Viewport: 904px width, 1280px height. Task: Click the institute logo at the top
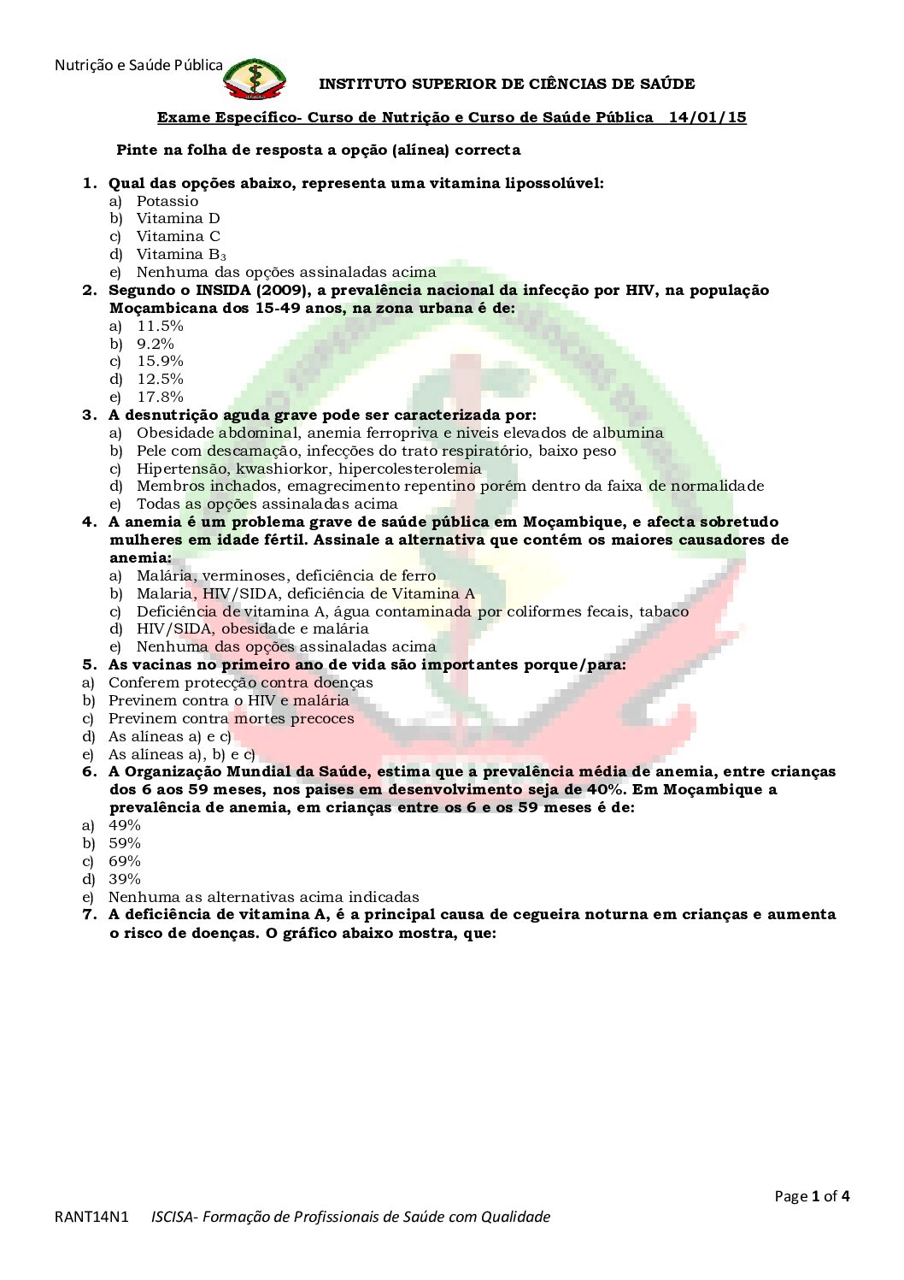pos(254,80)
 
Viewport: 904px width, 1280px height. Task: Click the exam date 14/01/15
pos(707,118)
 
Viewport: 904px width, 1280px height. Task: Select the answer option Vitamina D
pos(178,219)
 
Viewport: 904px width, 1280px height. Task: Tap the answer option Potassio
pos(167,201)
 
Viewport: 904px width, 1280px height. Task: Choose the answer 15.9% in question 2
pos(160,362)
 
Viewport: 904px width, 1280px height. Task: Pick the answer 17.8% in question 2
pos(160,397)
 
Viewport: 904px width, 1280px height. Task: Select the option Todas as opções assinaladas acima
pos(267,504)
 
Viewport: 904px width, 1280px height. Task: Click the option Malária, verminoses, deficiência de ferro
pos(285,575)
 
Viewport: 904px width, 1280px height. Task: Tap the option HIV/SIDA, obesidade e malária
pos(252,628)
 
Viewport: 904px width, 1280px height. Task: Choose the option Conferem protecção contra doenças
pos(240,682)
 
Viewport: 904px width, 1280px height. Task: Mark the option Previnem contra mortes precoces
pos(231,718)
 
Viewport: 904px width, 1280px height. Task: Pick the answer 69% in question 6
pos(124,861)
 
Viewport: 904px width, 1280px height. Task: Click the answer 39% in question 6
pos(124,879)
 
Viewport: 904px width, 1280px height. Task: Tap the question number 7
pos(89,915)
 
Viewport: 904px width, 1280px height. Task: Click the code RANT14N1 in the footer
pos(91,1217)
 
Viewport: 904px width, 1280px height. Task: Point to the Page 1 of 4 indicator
pos(812,1196)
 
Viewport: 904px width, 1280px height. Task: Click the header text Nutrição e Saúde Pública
pos(138,65)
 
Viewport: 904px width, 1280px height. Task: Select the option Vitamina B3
pos(180,255)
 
